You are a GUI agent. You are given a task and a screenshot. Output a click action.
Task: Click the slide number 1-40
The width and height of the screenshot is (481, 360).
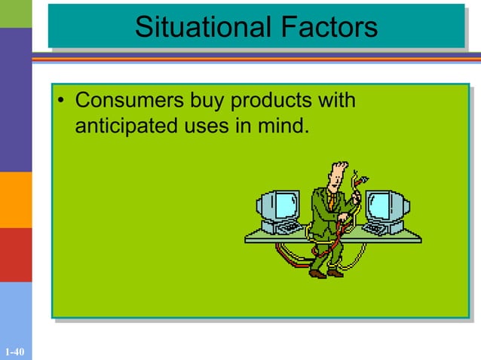[14, 352]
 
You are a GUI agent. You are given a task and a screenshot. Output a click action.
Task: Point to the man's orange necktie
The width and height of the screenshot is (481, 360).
[329, 200]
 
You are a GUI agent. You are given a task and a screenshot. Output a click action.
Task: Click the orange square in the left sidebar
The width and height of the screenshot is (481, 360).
[16, 200]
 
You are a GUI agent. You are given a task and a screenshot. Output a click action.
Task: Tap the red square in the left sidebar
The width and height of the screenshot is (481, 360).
[16, 255]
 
